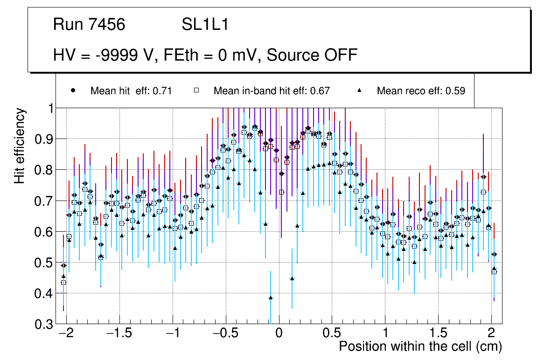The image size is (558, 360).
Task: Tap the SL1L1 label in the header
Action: point(205,25)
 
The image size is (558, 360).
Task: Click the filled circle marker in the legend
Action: point(73,90)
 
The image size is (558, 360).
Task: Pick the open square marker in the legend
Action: point(196,90)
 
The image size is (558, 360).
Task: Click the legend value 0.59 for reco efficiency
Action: point(455,91)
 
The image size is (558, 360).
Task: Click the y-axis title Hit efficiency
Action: point(20,145)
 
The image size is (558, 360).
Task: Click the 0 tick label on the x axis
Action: point(279,334)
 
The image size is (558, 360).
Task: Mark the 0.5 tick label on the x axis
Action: point(332,334)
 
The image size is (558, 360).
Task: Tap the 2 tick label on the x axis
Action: point(491,334)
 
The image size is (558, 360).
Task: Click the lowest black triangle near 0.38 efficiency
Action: point(271,297)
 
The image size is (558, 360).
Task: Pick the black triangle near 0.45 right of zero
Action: point(292,278)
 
